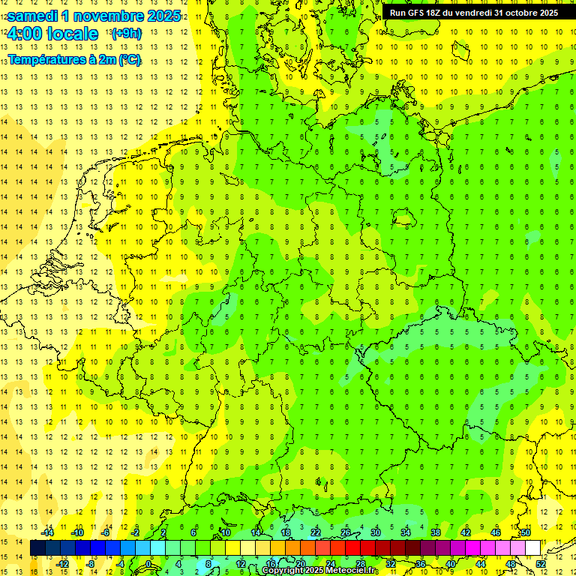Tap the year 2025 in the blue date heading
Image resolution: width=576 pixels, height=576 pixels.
(x=161, y=16)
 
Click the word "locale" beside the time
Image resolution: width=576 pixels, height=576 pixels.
(x=72, y=34)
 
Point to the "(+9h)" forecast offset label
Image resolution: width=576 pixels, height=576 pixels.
(x=125, y=34)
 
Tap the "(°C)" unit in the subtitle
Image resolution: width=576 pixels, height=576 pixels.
(x=129, y=59)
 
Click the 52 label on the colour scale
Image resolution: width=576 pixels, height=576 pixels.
(x=541, y=564)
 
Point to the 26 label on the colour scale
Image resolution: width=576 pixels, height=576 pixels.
(x=346, y=532)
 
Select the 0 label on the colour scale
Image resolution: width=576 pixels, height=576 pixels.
(x=148, y=564)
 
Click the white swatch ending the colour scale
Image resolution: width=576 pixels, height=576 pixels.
(x=532, y=548)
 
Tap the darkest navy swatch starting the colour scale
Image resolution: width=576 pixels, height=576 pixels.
(x=37, y=548)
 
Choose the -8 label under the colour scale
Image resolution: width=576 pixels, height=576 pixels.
(x=90, y=564)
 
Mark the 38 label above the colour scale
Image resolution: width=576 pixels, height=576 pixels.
(x=435, y=532)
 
